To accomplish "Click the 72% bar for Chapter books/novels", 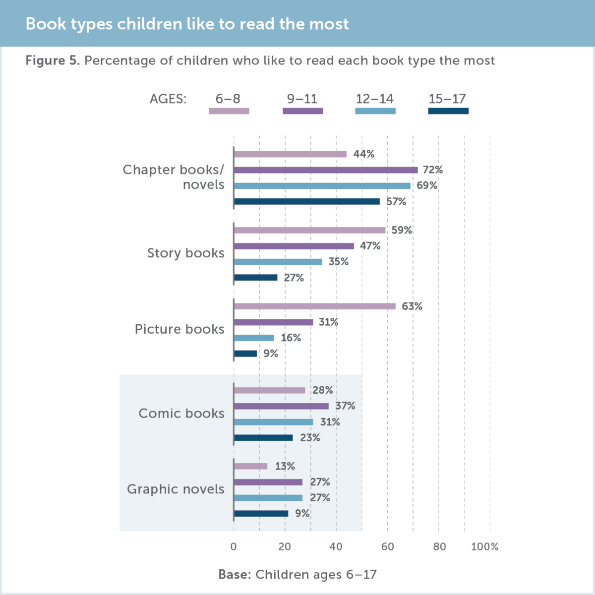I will point(325,170).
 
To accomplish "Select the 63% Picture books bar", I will point(314,306).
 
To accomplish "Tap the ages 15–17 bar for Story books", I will point(255,278).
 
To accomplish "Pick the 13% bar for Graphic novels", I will point(250,467).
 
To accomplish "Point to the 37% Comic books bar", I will point(281,407).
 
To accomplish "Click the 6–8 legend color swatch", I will point(229,111).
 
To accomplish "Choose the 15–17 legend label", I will point(447,99).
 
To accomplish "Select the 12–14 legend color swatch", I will point(375,111).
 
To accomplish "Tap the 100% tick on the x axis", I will point(484,546).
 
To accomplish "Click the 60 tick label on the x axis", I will point(387,546).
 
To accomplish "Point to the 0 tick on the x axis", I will point(234,546).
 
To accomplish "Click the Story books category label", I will point(185,253).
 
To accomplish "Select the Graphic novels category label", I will point(176,489).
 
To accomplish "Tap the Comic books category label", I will point(181,414).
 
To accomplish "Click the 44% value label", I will point(363,154).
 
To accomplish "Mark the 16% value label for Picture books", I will point(291,338).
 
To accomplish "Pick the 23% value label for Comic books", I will point(310,438).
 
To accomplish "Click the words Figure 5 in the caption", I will point(52,60).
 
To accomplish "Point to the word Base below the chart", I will point(235,575).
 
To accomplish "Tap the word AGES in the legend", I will point(168,99).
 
